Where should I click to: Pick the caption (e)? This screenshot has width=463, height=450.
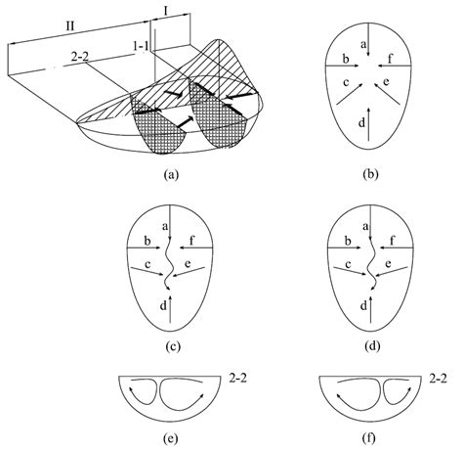(171, 438)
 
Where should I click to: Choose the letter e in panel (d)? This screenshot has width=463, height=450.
(395, 265)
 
